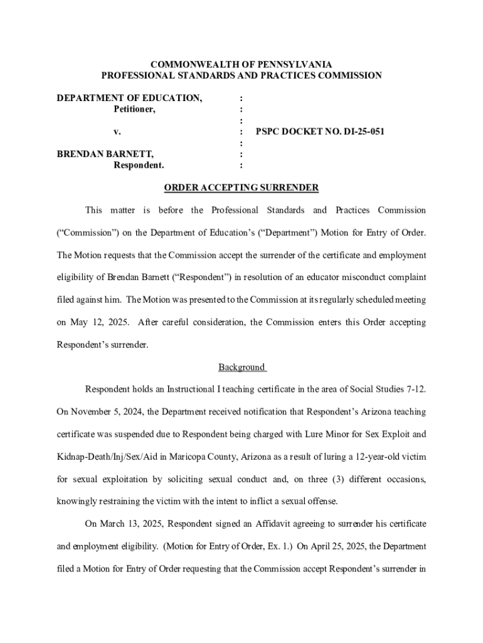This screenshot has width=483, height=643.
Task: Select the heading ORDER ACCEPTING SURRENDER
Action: (x=242, y=188)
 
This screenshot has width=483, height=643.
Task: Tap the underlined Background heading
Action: (x=242, y=367)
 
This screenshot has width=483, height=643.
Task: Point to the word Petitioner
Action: (x=134, y=109)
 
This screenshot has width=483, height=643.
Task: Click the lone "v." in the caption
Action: (x=117, y=132)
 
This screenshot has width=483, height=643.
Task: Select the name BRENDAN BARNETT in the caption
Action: (x=105, y=154)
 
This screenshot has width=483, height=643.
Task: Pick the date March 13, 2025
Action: (x=131, y=523)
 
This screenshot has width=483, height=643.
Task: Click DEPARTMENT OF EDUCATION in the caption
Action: (x=130, y=98)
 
